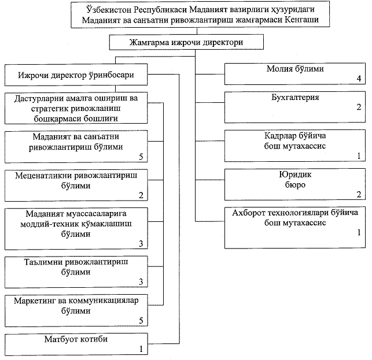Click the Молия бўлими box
295,73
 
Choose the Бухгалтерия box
295,106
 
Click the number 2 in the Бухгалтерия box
359,107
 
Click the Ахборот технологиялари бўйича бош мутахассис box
295,223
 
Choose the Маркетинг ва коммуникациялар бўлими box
76,310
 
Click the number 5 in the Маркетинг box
141,320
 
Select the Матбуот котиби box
76,343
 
